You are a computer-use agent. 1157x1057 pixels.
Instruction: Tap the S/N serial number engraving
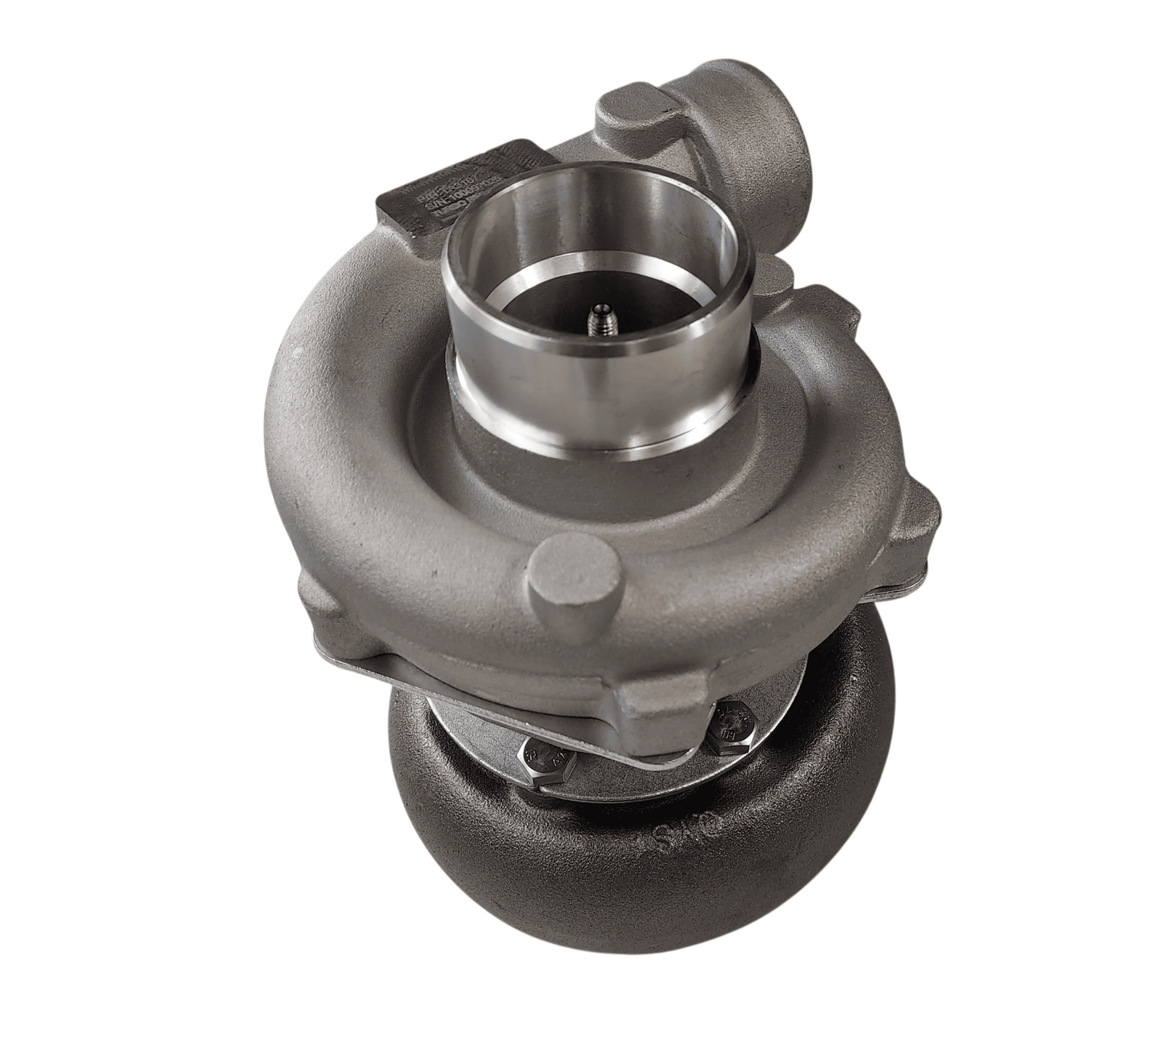[436, 190]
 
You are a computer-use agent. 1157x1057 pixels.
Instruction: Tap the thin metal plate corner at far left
[320, 641]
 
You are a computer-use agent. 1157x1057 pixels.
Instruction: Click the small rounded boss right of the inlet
[775, 276]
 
